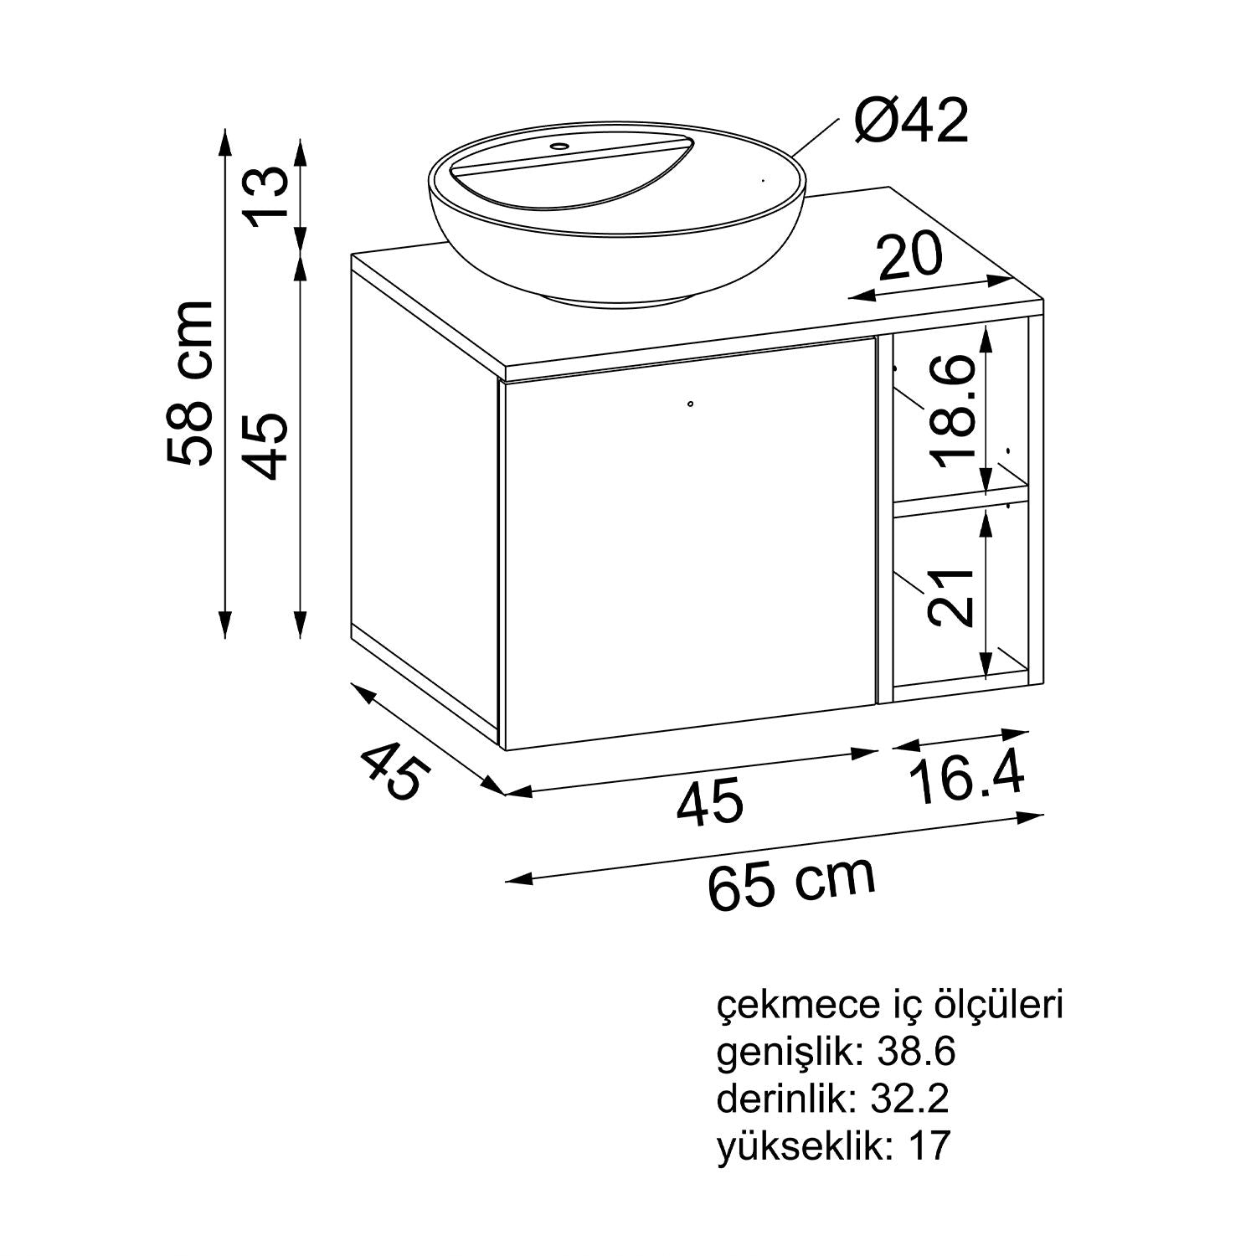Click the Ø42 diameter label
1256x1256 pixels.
coord(911,121)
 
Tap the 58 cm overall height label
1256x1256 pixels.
coord(191,383)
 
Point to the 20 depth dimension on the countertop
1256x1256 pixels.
coord(910,255)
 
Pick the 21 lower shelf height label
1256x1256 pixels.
coord(951,597)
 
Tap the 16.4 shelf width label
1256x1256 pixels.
coord(968,779)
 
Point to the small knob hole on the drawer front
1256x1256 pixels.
coord(690,404)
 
